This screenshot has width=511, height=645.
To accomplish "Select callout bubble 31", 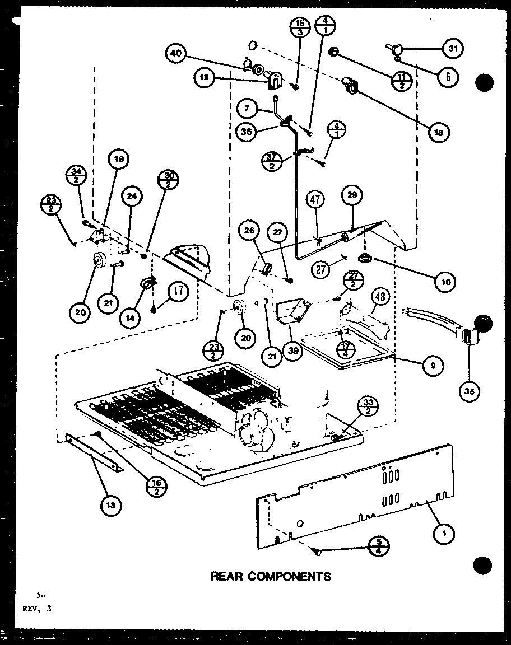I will point(451,49).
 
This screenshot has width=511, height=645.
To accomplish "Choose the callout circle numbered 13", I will point(110,506).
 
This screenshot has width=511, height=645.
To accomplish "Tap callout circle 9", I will point(434,365).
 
